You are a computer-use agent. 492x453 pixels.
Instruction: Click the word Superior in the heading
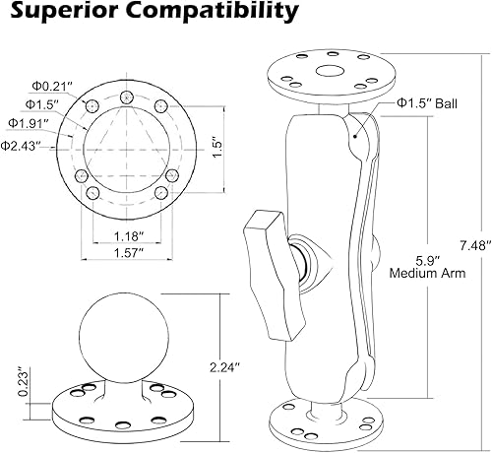57,14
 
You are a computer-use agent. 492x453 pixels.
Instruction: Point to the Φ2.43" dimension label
23,146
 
